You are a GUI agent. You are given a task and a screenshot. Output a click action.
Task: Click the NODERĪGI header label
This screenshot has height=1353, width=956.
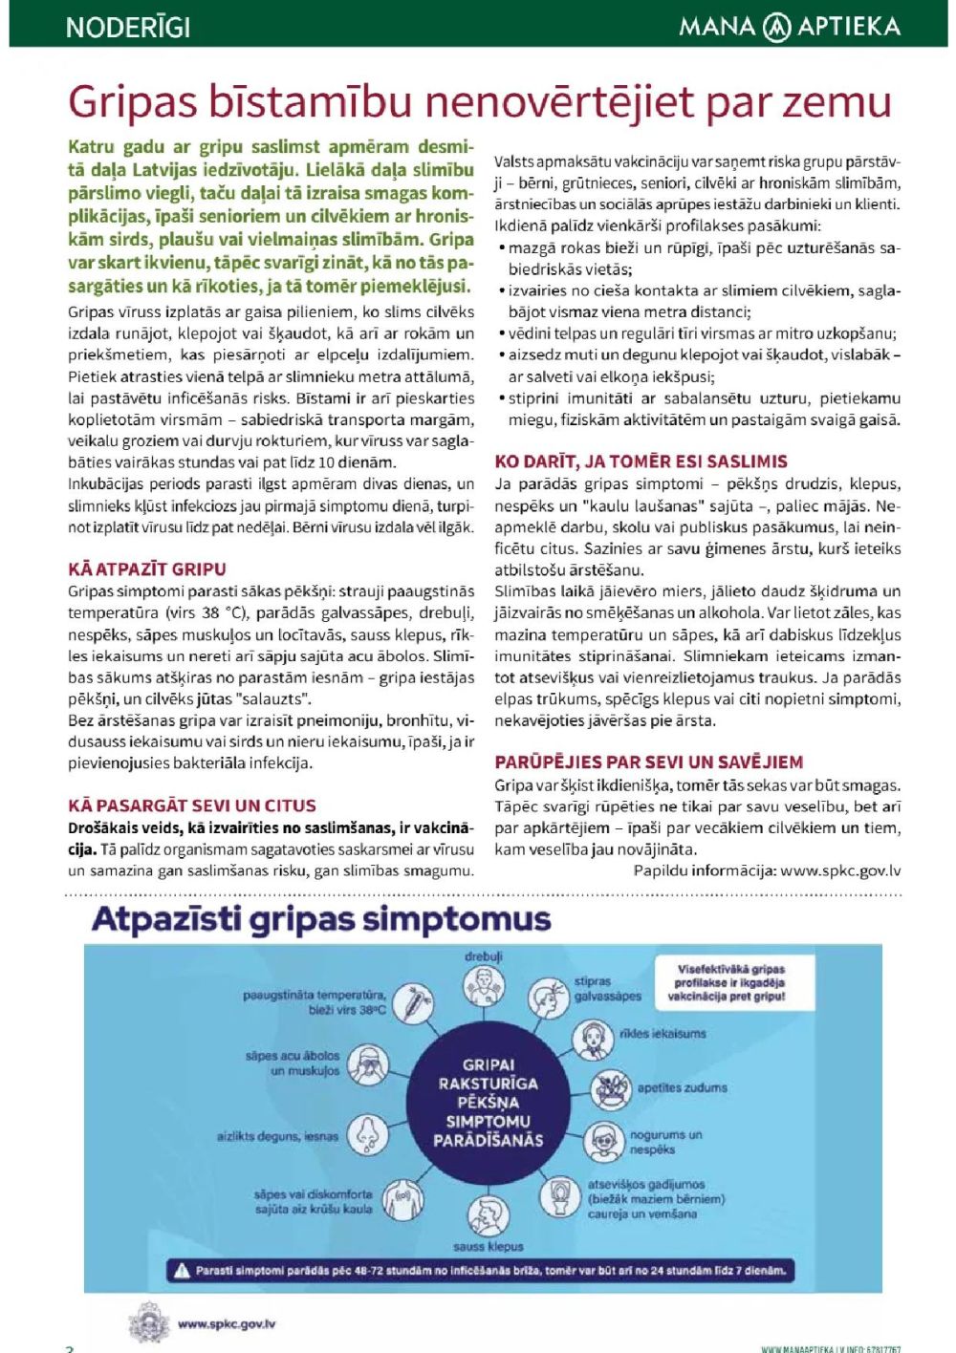[x=128, y=27]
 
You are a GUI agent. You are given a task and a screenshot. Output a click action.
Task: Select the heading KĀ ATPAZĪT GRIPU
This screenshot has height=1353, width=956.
[x=147, y=569]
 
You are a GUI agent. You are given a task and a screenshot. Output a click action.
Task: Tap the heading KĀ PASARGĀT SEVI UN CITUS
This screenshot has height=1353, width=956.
[x=192, y=805]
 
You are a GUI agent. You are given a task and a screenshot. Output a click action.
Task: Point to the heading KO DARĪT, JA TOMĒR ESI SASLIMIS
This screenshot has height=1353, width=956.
[x=641, y=462]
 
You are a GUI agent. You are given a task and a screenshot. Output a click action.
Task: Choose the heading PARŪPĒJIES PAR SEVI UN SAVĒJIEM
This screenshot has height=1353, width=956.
[x=648, y=762]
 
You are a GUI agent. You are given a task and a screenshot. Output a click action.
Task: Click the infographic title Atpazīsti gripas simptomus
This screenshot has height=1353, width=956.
[x=321, y=919]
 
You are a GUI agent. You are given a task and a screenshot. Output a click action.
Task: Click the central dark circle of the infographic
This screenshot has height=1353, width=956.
[x=488, y=1103]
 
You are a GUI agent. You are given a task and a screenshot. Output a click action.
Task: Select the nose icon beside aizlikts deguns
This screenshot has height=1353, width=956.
[x=366, y=1135]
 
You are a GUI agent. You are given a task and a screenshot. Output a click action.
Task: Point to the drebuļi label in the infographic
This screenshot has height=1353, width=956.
[x=484, y=956]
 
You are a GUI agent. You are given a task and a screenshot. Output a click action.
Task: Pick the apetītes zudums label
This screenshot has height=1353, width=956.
[x=682, y=1087]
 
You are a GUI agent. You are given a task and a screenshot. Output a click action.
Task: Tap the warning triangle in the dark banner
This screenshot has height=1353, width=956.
[x=182, y=1271]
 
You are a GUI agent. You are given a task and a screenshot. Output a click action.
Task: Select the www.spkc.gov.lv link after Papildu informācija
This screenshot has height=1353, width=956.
[x=840, y=870]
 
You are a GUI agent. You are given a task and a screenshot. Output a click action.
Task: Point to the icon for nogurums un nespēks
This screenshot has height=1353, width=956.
[x=603, y=1140]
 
